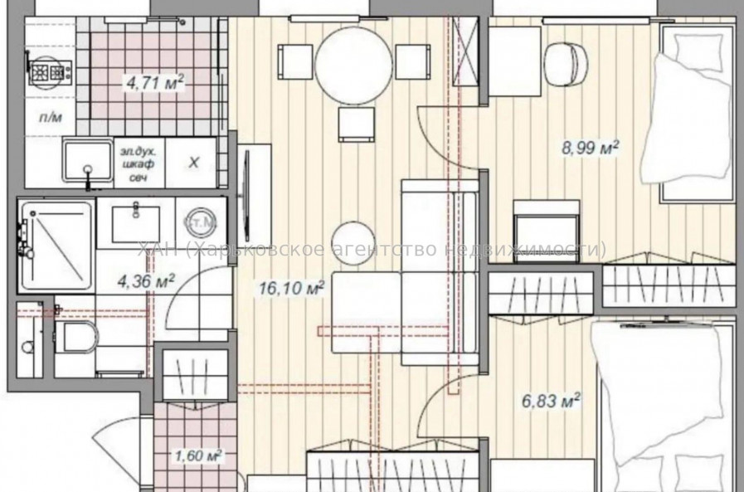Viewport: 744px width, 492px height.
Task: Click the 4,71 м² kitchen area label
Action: click(153, 82)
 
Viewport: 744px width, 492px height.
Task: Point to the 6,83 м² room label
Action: click(549, 401)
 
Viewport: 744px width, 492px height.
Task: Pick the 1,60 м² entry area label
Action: click(196, 455)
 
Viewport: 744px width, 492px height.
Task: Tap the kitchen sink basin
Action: click(88, 163)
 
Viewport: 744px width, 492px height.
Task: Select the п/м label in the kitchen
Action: click(51, 119)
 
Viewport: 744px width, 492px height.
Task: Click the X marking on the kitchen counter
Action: click(193, 163)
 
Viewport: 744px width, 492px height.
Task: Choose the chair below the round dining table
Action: click(356, 124)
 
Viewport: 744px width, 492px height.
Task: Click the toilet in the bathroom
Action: click(79, 337)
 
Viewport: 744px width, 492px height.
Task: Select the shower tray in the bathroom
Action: click(55, 245)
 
